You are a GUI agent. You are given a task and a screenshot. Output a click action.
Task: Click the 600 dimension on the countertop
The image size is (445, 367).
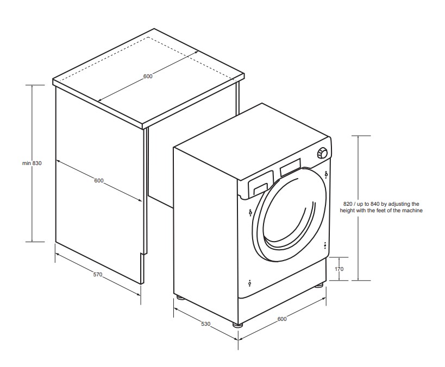(148, 77)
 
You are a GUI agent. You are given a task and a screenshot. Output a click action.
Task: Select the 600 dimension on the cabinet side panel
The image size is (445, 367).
(98, 181)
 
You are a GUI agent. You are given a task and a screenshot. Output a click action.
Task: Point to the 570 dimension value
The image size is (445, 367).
(97, 275)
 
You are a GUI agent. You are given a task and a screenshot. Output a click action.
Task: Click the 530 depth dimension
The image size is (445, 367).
(205, 324)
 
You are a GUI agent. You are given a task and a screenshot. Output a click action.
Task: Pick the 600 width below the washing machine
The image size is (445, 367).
(281, 319)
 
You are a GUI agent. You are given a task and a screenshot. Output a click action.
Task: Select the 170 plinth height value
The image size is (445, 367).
(340, 269)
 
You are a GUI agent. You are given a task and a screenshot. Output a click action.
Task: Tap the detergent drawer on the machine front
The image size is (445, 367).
(260, 186)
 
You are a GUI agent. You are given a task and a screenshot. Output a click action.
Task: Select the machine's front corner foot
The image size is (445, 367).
(237, 325)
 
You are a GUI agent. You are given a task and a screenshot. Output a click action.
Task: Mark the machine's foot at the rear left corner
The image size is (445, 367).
(178, 297)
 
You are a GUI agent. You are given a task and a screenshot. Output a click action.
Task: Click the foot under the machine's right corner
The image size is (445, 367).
(319, 284)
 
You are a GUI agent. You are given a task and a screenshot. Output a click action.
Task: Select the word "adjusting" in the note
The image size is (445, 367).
(396, 203)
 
